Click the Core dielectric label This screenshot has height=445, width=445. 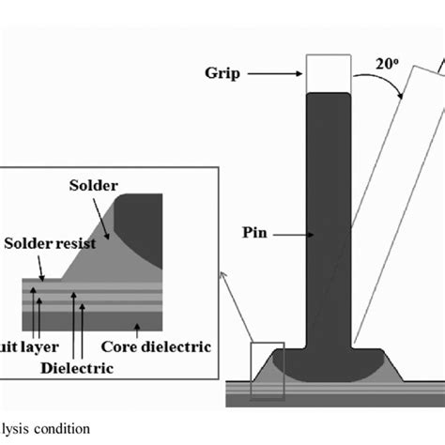click(166, 347)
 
